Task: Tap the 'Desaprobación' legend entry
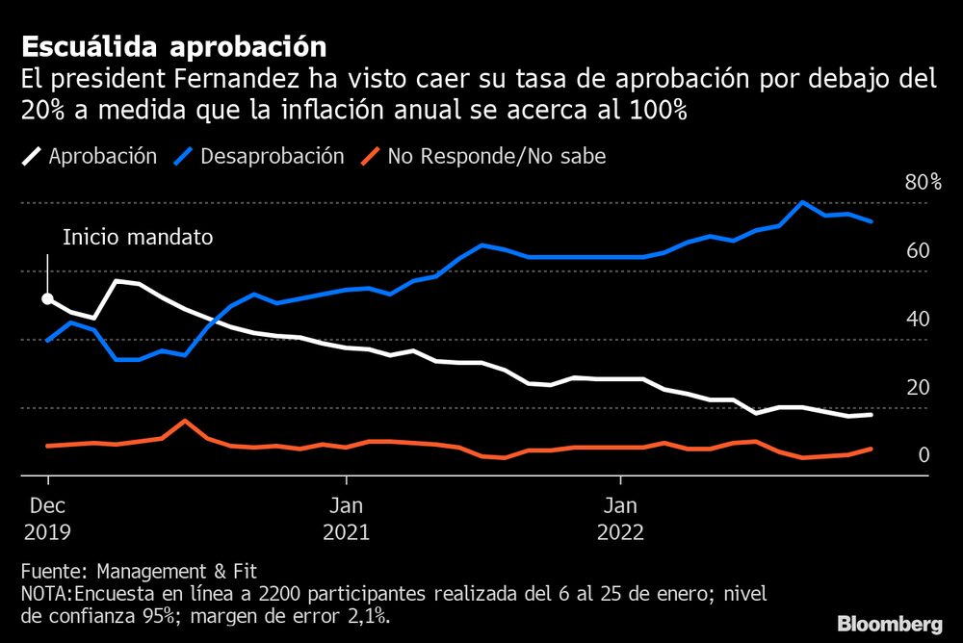(x=273, y=156)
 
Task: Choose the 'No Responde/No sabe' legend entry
(x=497, y=156)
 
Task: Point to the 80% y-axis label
(x=923, y=183)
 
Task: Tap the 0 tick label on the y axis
(x=923, y=455)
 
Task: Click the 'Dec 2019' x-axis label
(x=47, y=518)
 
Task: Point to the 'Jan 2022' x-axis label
(x=621, y=518)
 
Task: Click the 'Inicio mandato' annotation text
(x=137, y=237)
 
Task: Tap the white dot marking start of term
(x=47, y=299)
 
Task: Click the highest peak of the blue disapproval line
(x=802, y=202)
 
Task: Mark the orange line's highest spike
(x=185, y=421)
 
